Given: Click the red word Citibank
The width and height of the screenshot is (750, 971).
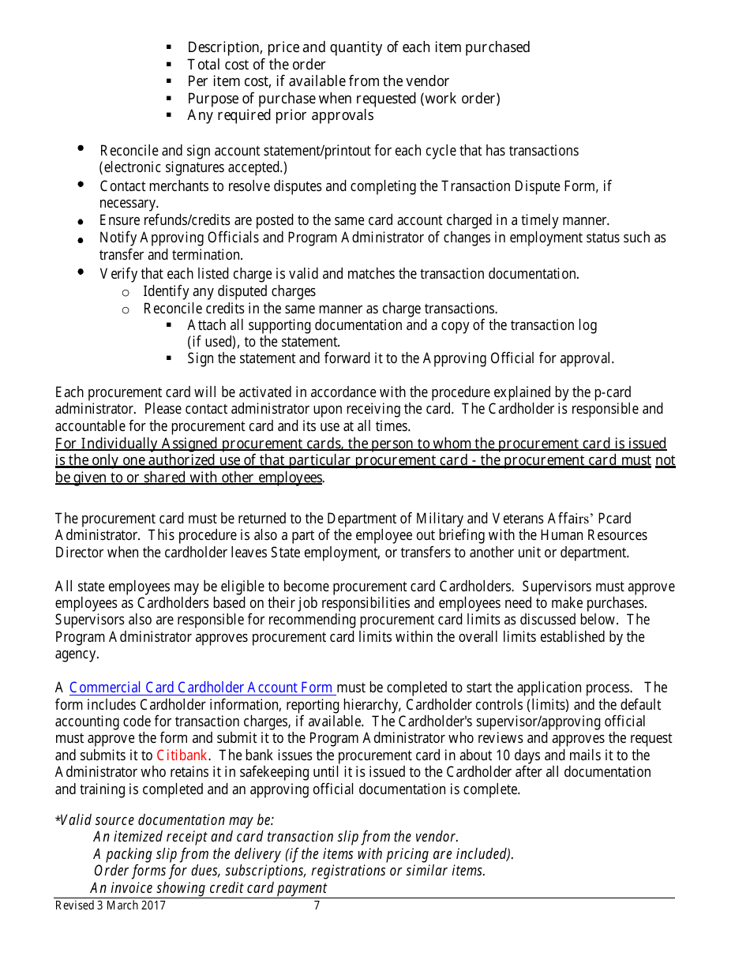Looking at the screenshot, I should coord(182,755).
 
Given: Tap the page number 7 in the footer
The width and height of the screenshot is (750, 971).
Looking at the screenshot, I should coord(317,905).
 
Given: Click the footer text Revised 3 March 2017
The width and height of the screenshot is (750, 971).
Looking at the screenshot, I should coord(111,905).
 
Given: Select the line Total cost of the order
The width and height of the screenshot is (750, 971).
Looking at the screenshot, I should coord(256,65).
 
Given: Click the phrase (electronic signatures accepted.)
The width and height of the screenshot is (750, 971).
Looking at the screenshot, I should coord(193,167).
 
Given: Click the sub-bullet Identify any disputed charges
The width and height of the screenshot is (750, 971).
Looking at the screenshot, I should coord(229,291).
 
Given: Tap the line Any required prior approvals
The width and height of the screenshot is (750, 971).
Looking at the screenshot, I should coord(280,115).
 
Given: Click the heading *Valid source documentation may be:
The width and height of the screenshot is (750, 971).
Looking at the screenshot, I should coord(164,820).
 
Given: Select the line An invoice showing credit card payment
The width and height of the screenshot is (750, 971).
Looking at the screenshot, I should coord(208,888).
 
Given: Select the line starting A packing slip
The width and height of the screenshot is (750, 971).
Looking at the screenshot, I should coord(303,854).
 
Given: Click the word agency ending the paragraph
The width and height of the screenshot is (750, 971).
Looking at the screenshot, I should coord(77,654).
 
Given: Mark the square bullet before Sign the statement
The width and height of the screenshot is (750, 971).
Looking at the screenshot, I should coord(169,359).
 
